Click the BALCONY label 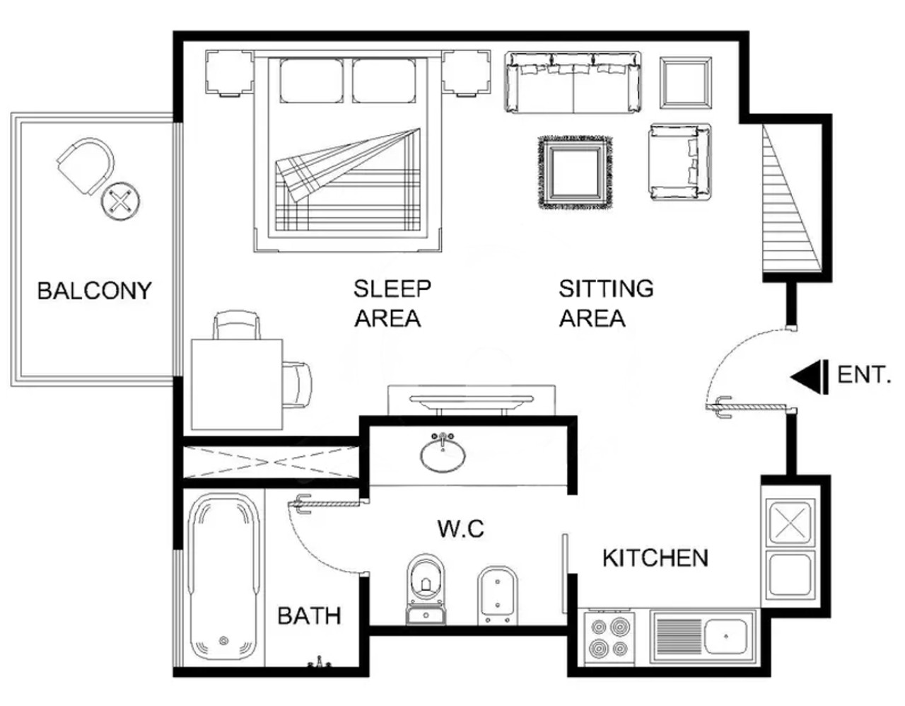94,291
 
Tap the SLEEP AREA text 392,303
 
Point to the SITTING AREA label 606,303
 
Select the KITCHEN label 655,558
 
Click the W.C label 461,529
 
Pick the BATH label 309,616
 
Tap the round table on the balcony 120,202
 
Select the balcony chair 86,166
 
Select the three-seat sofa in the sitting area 573,82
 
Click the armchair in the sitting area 679,163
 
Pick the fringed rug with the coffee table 576,173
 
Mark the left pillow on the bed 312,81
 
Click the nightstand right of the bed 467,74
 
